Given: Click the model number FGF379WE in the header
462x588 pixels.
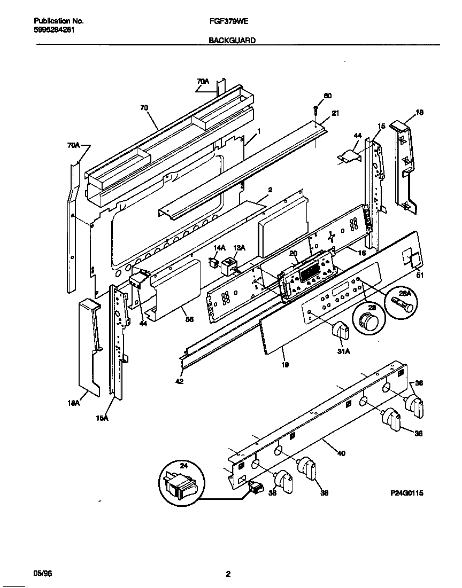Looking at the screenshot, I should pos(226,21).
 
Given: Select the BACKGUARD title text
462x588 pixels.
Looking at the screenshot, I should pos(232,40).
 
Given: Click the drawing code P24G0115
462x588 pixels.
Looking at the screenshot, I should pos(407,494).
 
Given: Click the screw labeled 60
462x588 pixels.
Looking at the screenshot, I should pos(316,110).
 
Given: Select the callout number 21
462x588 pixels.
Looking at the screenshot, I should pos(335,113).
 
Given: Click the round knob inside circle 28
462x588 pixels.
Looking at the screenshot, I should pos(367,323).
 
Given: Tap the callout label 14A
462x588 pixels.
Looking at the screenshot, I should pos(220,248).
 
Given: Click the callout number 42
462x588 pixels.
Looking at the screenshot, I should pos(179,381).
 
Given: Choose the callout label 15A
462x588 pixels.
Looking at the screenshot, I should pos(103,418).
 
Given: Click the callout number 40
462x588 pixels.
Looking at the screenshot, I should pos(341,453).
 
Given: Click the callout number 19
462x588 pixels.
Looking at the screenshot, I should pos(285,365).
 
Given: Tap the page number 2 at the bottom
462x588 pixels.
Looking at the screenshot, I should pos(228,574).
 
